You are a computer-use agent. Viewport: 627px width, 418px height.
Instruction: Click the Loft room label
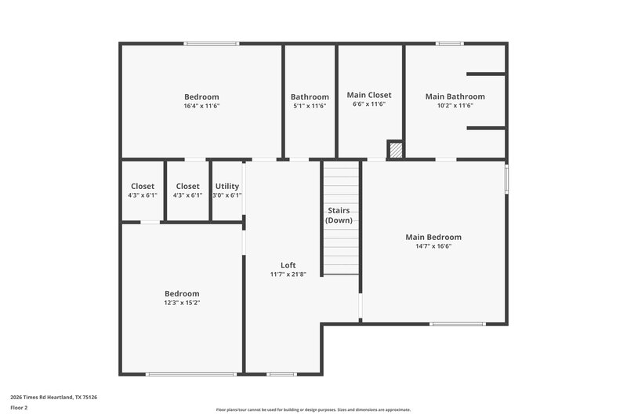(x=288, y=265)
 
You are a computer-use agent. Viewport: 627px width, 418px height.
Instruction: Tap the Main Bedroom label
(x=433, y=237)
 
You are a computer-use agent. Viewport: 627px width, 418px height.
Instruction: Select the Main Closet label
(x=368, y=95)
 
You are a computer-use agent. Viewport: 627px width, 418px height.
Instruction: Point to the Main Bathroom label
(x=455, y=96)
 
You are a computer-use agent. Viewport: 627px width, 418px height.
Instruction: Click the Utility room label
(x=227, y=186)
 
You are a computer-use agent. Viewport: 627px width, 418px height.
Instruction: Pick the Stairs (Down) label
(x=342, y=216)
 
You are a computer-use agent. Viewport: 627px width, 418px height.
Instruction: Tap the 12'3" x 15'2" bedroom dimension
(x=181, y=302)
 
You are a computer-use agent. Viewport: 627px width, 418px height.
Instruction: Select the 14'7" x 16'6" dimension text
(x=433, y=246)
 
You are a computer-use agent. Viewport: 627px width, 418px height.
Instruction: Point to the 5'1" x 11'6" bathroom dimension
(x=310, y=105)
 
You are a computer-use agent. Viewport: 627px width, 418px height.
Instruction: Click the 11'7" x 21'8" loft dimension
(x=288, y=274)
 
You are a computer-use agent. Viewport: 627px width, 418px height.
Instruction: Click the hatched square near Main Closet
(x=396, y=150)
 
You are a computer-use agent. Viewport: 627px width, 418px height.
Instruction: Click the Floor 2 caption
(x=19, y=408)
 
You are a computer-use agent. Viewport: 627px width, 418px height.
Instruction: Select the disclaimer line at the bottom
(x=313, y=409)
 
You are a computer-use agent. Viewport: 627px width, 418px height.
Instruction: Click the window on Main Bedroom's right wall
(x=506, y=177)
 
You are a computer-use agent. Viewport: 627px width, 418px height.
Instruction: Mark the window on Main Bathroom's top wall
(x=450, y=43)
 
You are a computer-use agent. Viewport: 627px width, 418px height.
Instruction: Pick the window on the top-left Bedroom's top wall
(x=212, y=43)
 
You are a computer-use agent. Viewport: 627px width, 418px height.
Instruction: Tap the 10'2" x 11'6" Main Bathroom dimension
(x=455, y=105)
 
